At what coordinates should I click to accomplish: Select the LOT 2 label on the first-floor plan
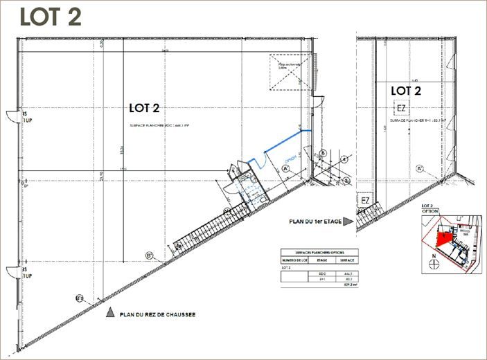[x=406, y=91]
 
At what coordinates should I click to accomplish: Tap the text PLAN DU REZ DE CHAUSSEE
[x=158, y=314]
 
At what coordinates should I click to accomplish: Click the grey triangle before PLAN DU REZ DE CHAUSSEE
[x=109, y=314]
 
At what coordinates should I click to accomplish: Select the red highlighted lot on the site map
[x=441, y=238]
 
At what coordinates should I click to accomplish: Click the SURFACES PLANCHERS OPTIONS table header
[x=317, y=252]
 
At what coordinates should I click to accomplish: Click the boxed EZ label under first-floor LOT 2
[x=401, y=107]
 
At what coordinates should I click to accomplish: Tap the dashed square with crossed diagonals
[x=287, y=72]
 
